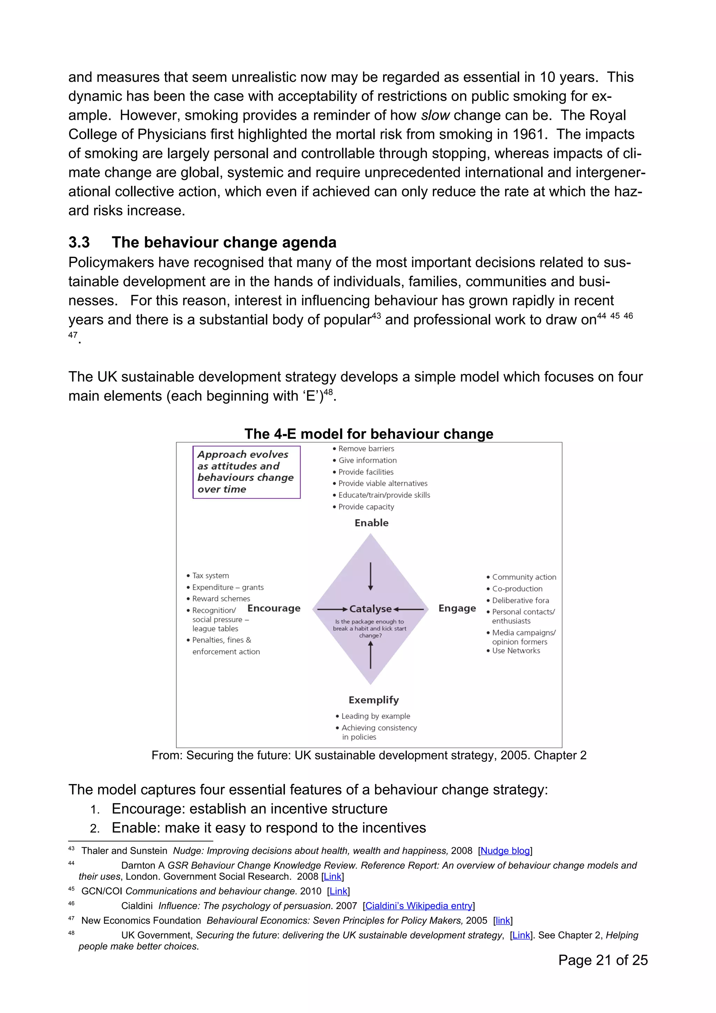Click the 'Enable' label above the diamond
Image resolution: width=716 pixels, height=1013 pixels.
(371, 523)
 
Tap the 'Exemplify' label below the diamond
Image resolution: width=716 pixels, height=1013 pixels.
(373, 700)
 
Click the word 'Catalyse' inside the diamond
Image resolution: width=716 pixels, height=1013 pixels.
(370, 609)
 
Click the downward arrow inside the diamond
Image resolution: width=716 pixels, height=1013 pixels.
(371, 576)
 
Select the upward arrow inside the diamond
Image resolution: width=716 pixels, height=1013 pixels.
(371, 655)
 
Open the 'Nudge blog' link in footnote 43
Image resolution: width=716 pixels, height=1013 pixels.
(505, 851)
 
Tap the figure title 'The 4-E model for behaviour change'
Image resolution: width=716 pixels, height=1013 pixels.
(369, 434)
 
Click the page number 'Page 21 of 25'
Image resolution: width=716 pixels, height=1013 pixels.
(603, 960)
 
